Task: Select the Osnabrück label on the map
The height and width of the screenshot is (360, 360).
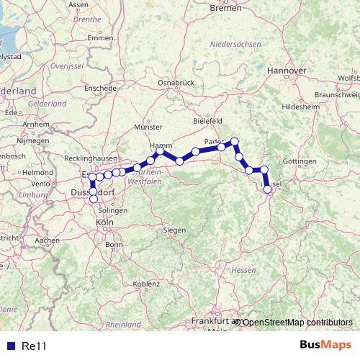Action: click(x=176, y=83)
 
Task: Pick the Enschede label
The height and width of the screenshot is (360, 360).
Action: click(x=100, y=88)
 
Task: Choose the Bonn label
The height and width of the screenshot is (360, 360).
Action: click(x=114, y=244)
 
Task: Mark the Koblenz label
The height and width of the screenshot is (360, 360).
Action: click(x=146, y=284)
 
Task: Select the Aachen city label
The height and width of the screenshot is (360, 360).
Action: click(x=47, y=240)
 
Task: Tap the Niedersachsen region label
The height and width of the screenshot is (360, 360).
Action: click(x=235, y=44)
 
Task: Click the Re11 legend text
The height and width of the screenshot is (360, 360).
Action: click(x=34, y=346)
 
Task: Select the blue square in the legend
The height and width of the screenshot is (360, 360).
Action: click(x=10, y=346)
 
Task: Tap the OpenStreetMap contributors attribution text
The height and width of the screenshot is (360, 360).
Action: click(x=297, y=322)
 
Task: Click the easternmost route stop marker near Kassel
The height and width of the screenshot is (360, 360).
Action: click(x=268, y=189)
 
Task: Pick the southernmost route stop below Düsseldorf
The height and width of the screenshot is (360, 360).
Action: click(x=94, y=199)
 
